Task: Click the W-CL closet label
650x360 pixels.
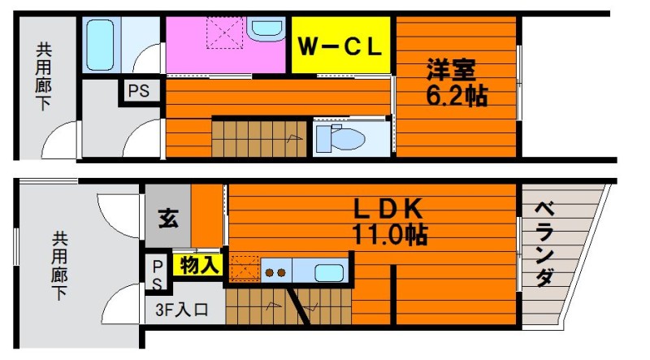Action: (x=340, y=46)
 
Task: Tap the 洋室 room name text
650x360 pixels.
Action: (x=452, y=70)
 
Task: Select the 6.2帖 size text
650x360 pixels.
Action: (x=457, y=96)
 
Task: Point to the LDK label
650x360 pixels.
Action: (x=388, y=209)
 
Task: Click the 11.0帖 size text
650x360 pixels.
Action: (x=390, y=235)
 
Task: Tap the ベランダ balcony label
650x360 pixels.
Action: (x=544, y=245)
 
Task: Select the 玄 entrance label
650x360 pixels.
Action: (x=168, y=218)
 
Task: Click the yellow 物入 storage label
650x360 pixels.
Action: (x=199, y=265)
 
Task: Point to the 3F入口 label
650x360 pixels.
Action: (x=181, y=310)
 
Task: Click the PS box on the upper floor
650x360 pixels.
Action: (x=139, y=91)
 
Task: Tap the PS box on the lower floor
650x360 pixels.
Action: (x=157, y=274)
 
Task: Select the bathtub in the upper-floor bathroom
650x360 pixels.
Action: (x=100, y=45)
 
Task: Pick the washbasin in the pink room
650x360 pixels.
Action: (x=266, y=28)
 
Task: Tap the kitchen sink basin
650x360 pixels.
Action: (x=329, y=272)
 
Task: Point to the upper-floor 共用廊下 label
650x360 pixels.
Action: (x=44, y=76)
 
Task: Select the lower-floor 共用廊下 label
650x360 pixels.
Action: (x=59, y=266)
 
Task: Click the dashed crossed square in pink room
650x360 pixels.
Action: (x=225, y=33)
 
